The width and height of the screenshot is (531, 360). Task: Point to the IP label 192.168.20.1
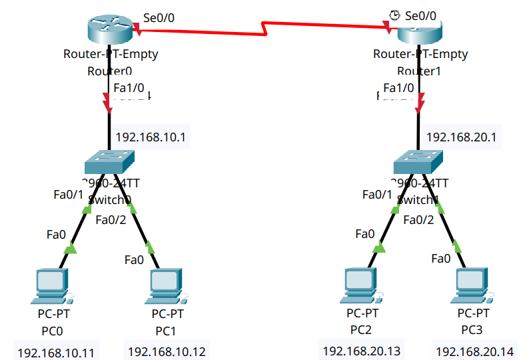point(462,137)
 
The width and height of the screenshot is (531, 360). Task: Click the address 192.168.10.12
point(167,351)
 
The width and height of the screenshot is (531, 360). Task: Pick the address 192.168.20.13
point(362,350)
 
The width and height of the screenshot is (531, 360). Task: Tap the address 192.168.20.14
point(474,351)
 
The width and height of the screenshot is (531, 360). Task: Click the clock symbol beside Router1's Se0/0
point(395,15)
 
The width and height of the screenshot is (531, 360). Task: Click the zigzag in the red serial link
point(266,29)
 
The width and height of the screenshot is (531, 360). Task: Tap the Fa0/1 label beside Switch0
point(69,195)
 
